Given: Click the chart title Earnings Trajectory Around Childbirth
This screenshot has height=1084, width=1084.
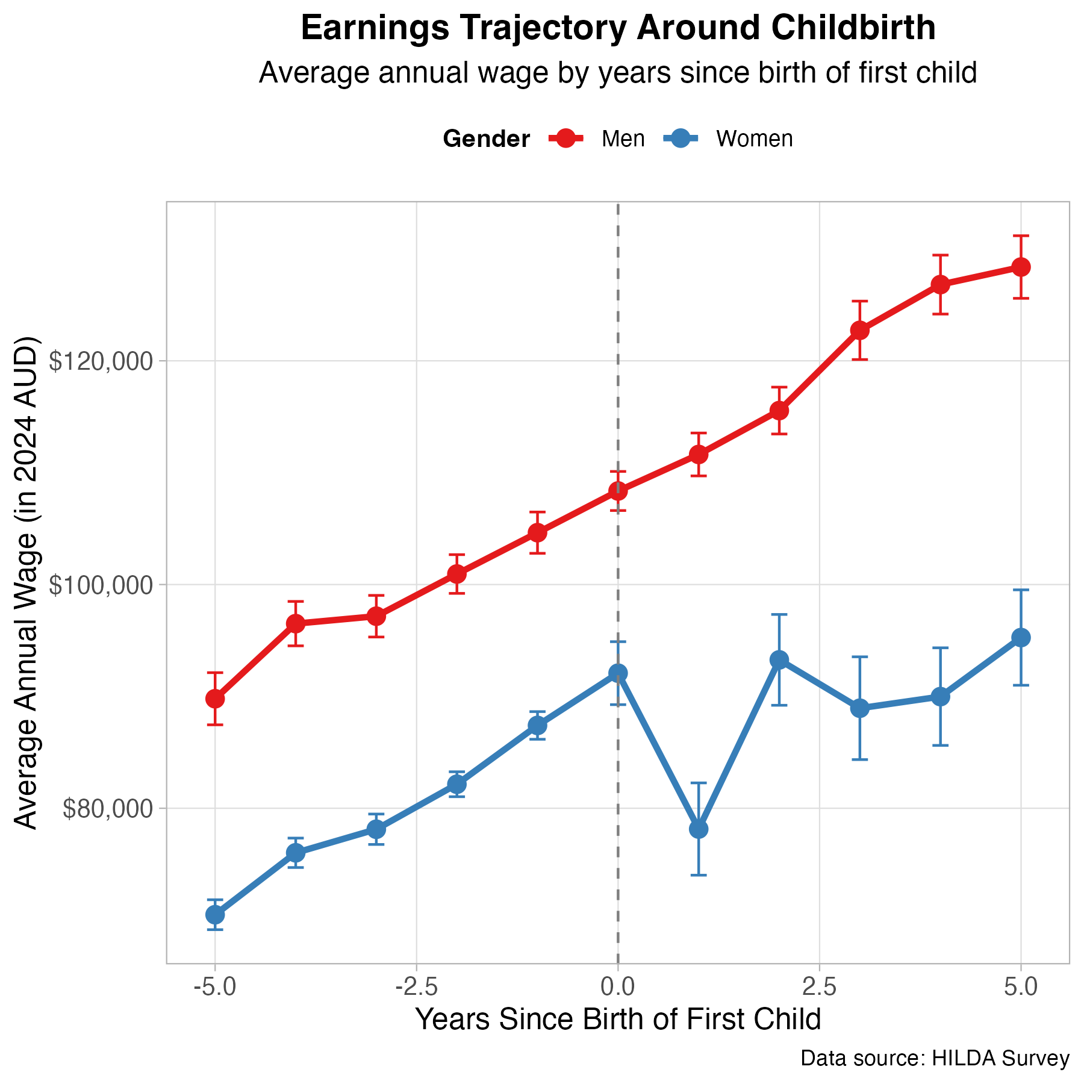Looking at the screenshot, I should point(618,29).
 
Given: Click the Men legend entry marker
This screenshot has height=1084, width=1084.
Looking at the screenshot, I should point(566,139).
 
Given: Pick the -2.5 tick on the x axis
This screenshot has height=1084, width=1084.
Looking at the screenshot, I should point(416,988).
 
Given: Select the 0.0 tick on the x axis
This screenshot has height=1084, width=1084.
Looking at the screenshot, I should point(618,988).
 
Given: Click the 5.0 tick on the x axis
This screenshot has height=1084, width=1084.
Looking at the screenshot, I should point(1021,988).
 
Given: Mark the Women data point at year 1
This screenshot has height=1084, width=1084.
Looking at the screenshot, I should point(699,829).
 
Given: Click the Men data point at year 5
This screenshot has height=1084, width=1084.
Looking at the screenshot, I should point(1021,267).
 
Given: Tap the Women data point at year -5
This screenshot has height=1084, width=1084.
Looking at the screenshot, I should point(215,915).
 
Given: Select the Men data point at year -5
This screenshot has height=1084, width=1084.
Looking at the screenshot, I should point(215,699).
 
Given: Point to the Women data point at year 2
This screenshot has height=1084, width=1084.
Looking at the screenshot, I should point(779,660).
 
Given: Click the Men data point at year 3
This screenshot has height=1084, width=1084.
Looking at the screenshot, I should point(860,330).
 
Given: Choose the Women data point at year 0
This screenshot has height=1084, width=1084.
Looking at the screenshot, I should point(618,673).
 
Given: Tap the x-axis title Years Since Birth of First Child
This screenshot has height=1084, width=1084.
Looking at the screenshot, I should point(618,1020).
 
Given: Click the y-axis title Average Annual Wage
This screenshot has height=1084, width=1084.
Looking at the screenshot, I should point(26,583).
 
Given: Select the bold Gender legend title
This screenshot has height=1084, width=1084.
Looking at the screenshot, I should point(486,139).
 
